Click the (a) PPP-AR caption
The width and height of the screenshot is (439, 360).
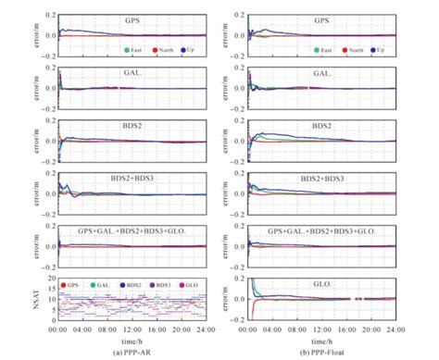(x=132, y=353)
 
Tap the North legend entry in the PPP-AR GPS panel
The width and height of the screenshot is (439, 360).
(x=163, y=49)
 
